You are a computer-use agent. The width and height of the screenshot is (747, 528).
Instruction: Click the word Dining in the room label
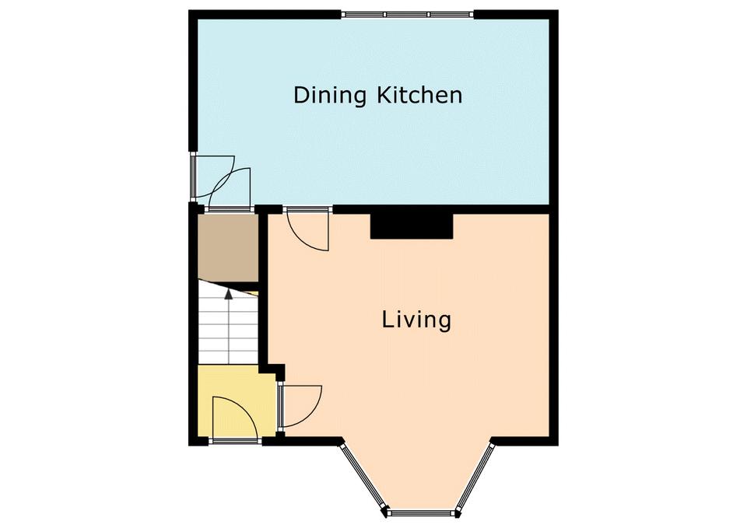pyautogui.click(x=329, y=96)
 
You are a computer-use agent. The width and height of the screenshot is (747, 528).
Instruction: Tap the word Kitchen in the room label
pyautogui.click(x=419, y=95)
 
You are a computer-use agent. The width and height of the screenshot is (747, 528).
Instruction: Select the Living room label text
pyautogui.click(x=416, y=320)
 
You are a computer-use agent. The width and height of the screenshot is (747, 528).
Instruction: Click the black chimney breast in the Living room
pyautogui.click(x=412, y=226)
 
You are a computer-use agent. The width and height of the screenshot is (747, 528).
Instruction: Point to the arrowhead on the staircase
pyautogui.click(x=229, y=294)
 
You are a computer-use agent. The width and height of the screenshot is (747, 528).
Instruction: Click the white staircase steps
pyautogui.click(x=228, y=323)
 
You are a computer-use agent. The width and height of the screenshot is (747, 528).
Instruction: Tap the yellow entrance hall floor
pyautogui.click(x=237, y=401)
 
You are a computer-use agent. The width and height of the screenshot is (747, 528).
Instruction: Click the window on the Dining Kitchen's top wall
pyautogui.click(x=408, y=14)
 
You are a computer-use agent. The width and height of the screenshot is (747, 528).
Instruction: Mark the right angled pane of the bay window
pyautogui.click(x=475, y=477)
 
